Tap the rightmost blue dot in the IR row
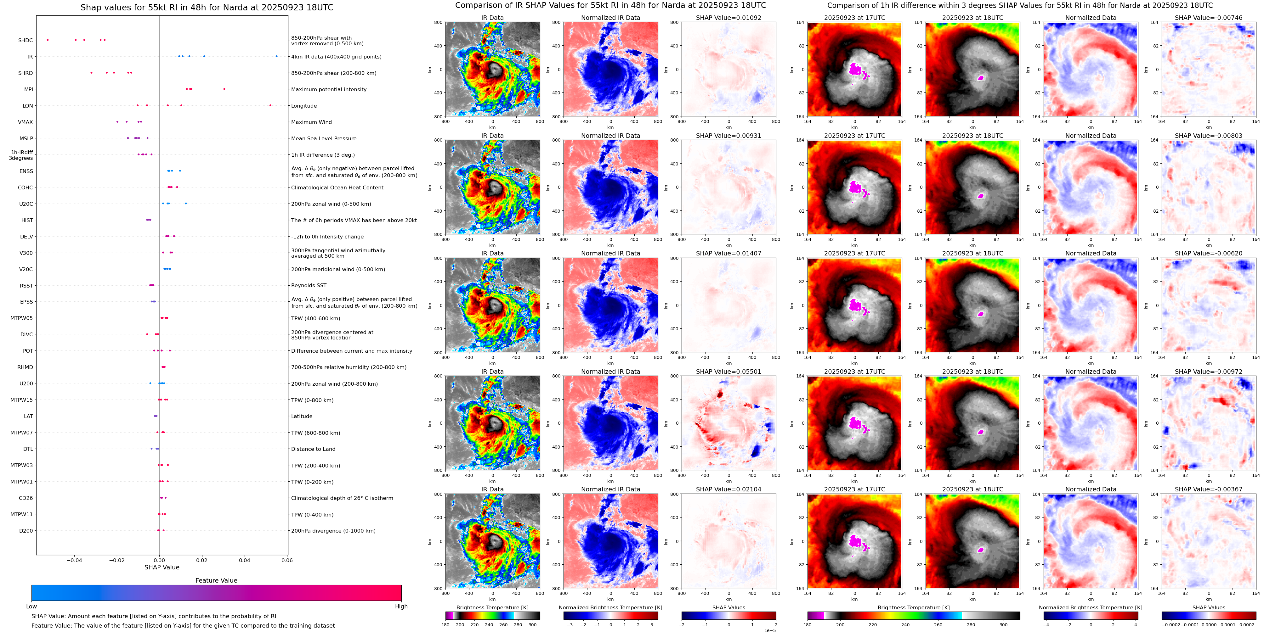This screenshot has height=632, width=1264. [x=276, y=56]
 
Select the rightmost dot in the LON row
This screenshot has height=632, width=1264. [x=270, y=105]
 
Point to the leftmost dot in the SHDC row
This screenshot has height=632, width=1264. [x=48, y=40]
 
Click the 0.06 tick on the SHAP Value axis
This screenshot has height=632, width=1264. [x=286, y=560]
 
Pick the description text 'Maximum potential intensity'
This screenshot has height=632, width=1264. [x=328, y=89]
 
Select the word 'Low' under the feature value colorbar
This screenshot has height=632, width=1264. [x=31, y=607]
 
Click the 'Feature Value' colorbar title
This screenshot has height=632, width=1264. [x=216, y=580]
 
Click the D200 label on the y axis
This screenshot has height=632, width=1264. [x=26, y=530]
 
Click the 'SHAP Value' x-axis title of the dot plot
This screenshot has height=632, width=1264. [x=162, y=567]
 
